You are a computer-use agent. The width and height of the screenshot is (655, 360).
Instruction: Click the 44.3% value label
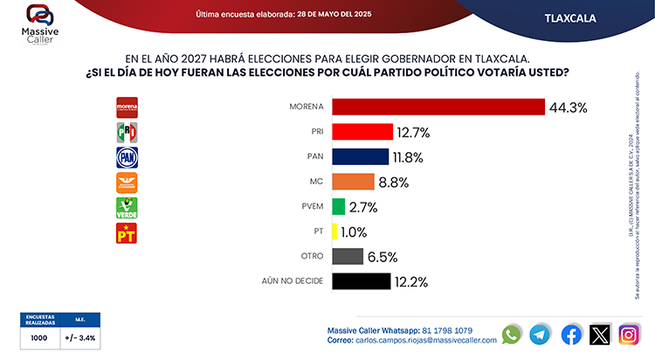click(568, 107)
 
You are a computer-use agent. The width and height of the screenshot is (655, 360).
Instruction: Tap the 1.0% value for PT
click(355, 232)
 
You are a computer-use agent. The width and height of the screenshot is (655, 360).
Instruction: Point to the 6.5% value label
click(383, 257)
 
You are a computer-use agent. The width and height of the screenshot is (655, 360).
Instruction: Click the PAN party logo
click(128, 157)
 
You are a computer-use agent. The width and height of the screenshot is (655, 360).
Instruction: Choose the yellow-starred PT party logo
click(128, 233)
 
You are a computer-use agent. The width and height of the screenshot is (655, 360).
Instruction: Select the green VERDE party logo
click(128, 208)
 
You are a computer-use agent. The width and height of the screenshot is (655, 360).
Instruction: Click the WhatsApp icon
click(512, 335)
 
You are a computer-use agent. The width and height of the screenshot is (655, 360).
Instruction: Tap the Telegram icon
click(541, 335)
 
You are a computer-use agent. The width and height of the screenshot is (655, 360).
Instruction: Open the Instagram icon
click(629, 335)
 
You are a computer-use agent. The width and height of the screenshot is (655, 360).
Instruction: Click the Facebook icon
click(571, 335)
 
